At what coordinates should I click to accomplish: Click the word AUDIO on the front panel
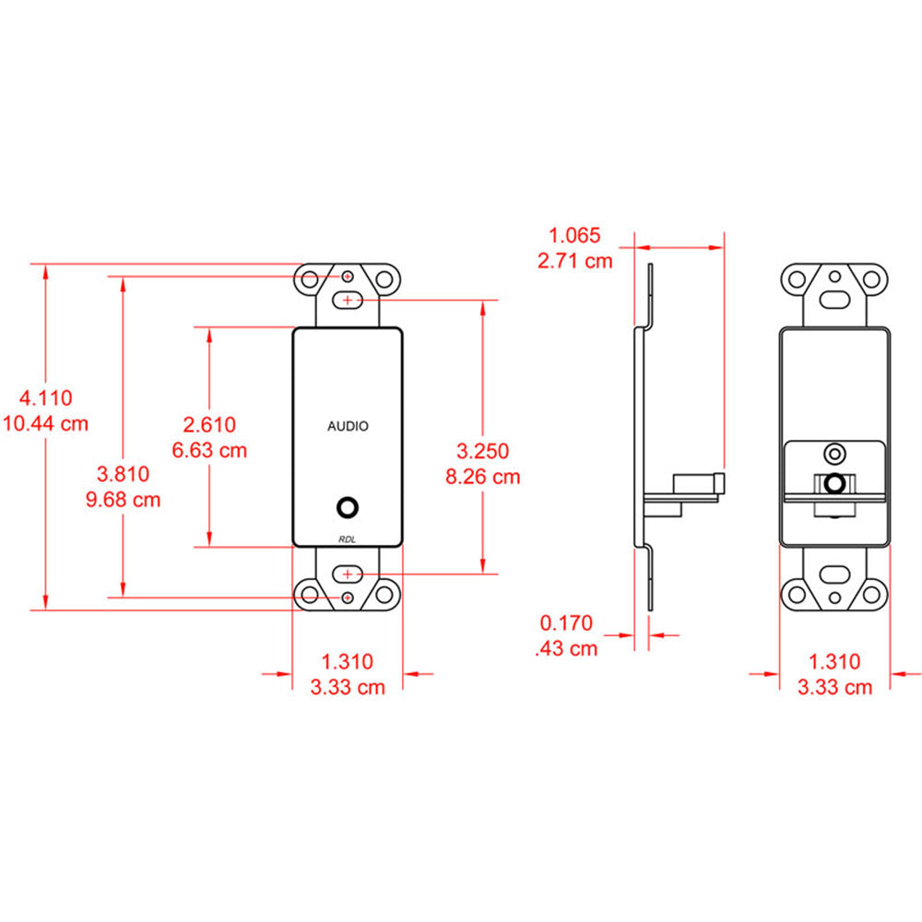pyautogui.click(x=348, y=426)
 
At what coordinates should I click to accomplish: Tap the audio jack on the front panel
pyautogui.click(x=348, y=507)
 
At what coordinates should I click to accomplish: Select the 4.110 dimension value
pyautogui.click(x=46, y=398)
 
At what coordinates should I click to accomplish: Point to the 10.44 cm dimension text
pyautogui.click(x=46, y=424)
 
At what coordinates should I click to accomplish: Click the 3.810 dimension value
pyautogui.click(x=124, y=475)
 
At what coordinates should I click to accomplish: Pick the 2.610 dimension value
pyautogui.click(x=210, y=424)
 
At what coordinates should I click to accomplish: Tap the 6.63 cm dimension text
pyautogui.click(x=210, y=450)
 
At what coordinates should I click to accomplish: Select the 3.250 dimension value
pyautogui.click(x=483, y=451)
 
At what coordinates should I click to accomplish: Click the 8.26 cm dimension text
pyautogui.click(x=483, y=477)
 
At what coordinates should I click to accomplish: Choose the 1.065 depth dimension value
pyautogui.click(x=574, y=235)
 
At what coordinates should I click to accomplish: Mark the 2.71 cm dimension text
pyautogui.click(x=574, y=260)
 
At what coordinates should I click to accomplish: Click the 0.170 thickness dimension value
pyautogui.click(x=567, y=623)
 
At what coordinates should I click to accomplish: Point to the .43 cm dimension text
pyautogui.click(x=567, y=648)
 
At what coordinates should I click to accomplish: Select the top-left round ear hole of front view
pyautogui.click(x=311, y=278)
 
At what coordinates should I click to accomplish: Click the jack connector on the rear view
pyautogui.click(x=835, y=482)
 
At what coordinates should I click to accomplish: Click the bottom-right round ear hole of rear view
pyautogui.click(x=871, y=593)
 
